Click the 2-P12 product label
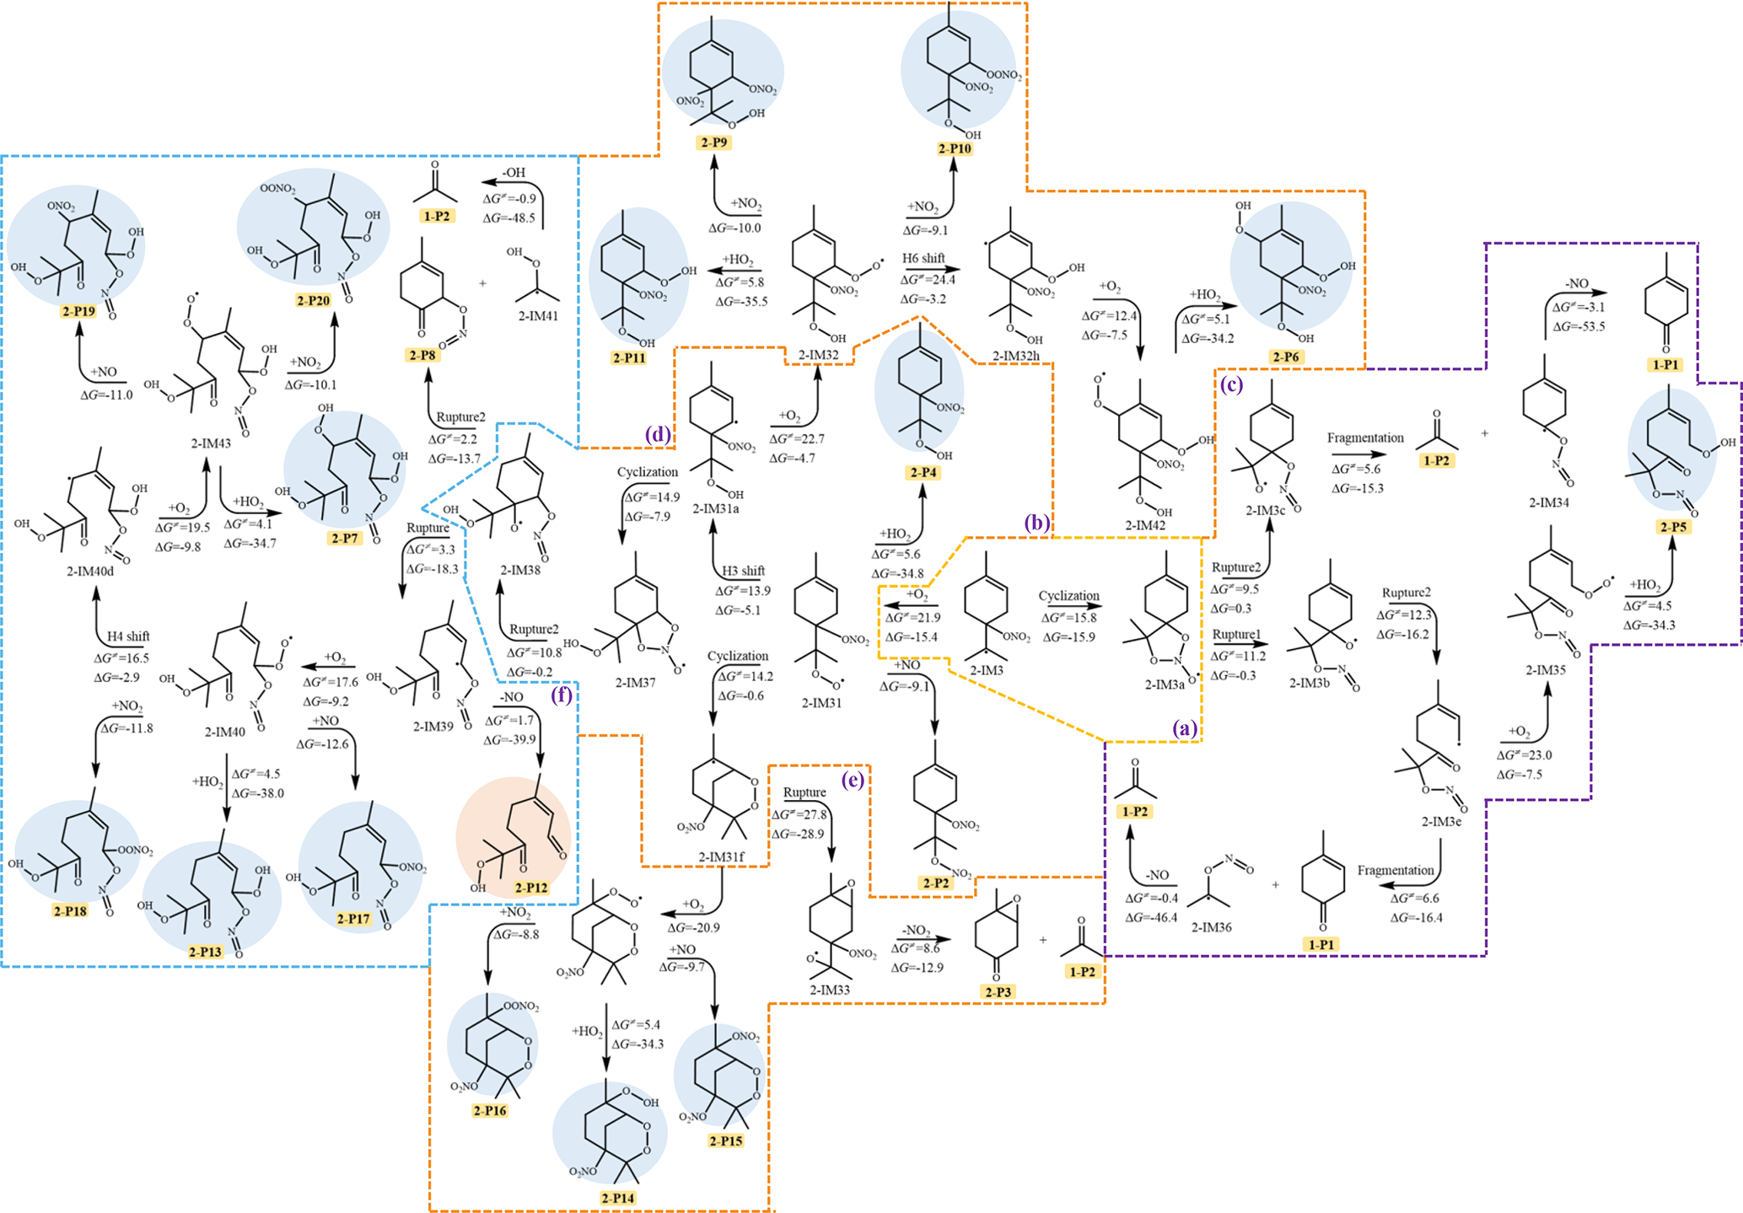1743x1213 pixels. point(531,888)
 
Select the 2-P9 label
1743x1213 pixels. point(714,142)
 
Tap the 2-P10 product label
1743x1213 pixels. point(955,148)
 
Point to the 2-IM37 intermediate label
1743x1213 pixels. point(635,682)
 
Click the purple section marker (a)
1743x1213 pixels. point(1185,729)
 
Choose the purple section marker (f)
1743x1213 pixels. point(562,695)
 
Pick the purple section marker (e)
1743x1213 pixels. point(853,781)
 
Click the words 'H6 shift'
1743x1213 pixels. point(923,258)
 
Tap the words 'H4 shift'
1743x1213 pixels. point(128,636)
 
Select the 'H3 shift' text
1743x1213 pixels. point(743,571)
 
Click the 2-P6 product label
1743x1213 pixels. point(1286,357)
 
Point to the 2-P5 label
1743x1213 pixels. point(1673,527)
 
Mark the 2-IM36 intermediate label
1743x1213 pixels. point(1211,927)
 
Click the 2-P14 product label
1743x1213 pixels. point(618,1198)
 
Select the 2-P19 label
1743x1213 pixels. point(78,311)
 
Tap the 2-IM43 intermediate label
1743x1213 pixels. point(210,443)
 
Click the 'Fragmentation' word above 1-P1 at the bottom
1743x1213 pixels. point(1396,870)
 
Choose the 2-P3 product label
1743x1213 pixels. point(998,992)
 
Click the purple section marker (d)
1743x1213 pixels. point(657,435)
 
